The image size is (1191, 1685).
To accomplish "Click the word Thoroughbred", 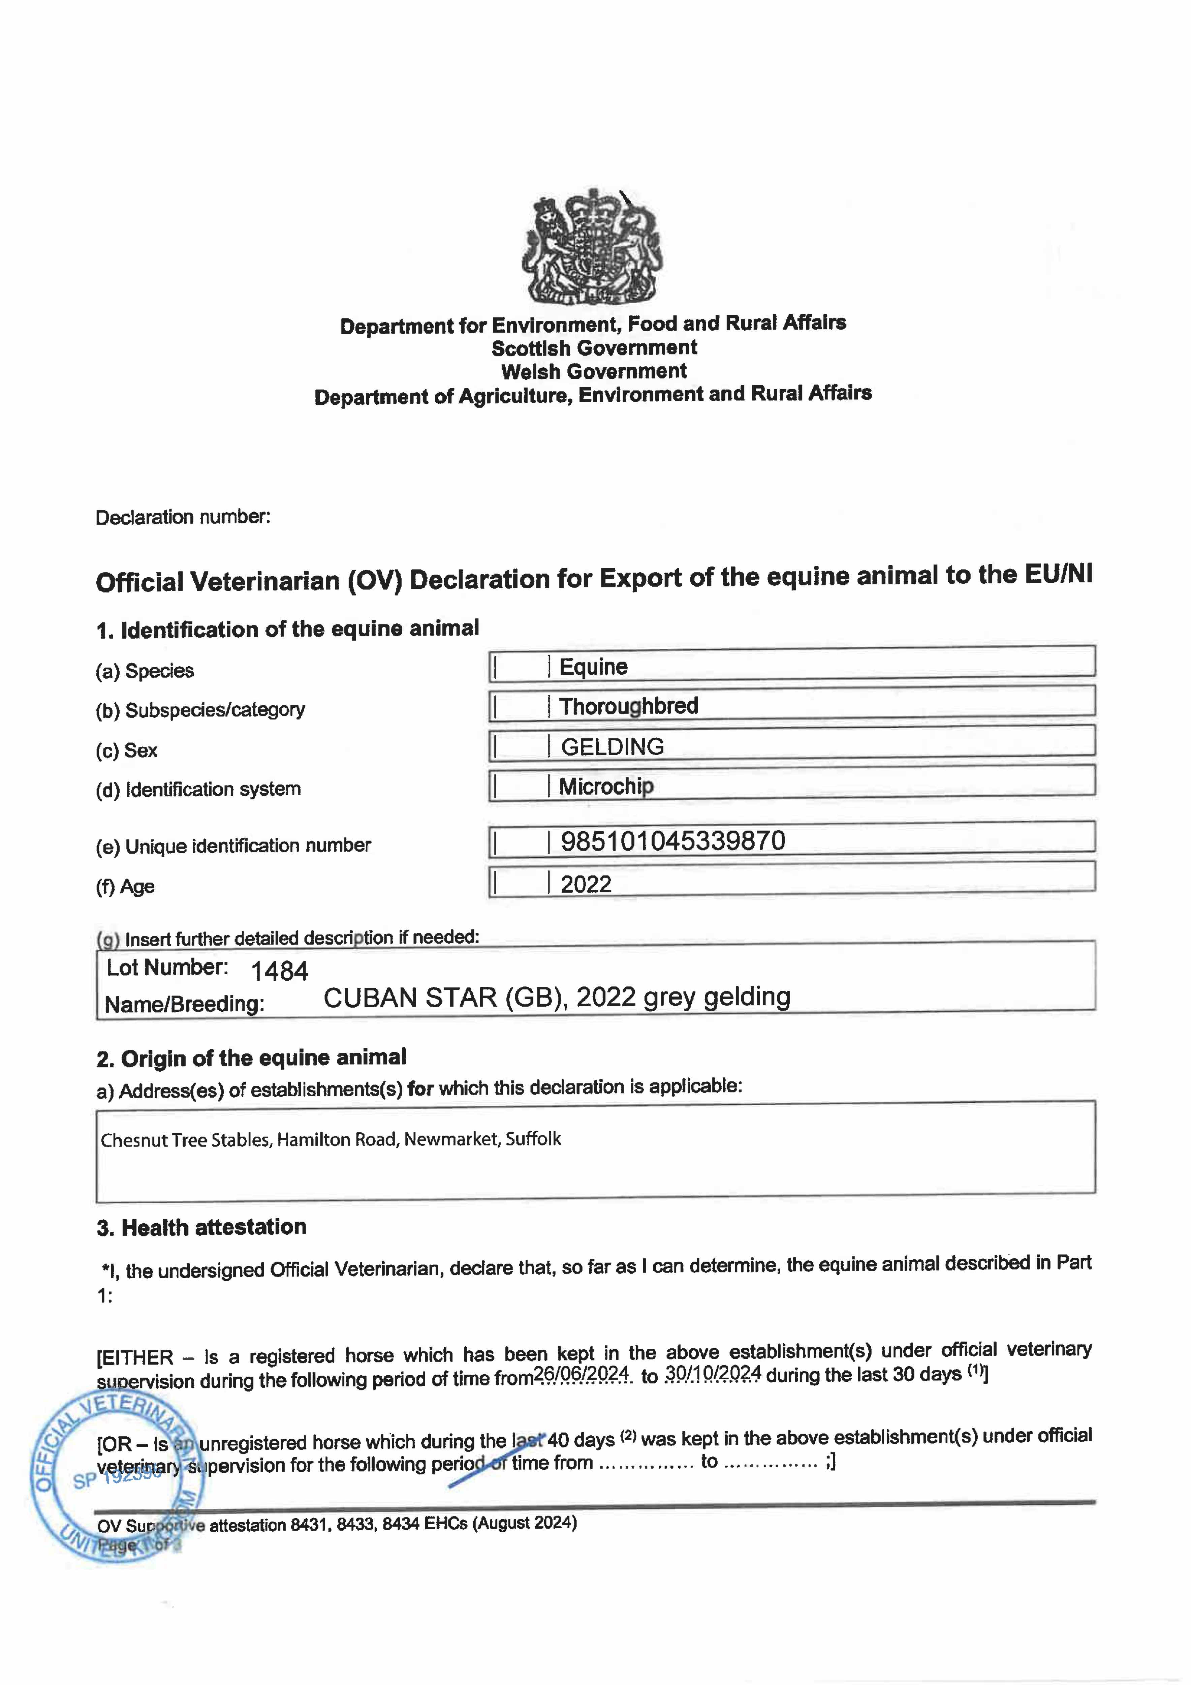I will (x=628, y=706).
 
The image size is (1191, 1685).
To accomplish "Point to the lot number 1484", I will (x=280, y=971).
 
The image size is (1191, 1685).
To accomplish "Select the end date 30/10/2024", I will (x=713, y=1373).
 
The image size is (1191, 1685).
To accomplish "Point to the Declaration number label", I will (x=183, y=517).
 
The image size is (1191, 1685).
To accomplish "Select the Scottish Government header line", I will (x=594, y=348).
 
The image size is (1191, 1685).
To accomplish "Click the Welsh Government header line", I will (x=594, y=371).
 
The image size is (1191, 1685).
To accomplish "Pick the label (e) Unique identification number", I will (x=233, y=846).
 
